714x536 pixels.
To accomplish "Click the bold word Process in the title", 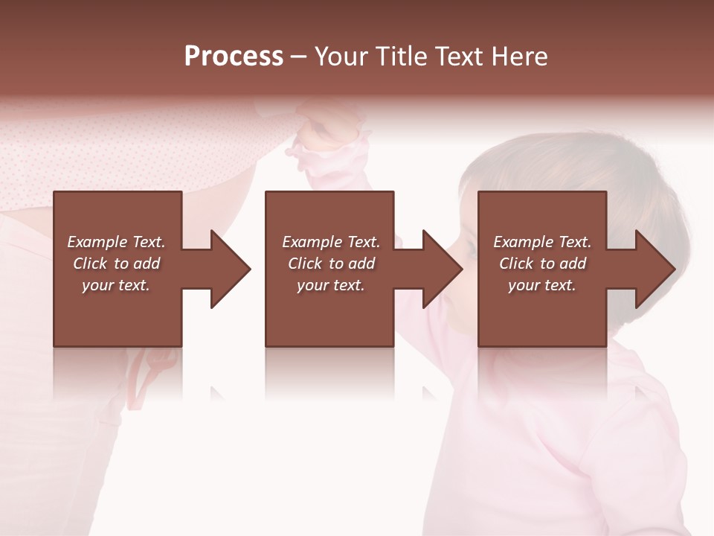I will pos(234,57).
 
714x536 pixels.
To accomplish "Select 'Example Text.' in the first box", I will pos(116,242).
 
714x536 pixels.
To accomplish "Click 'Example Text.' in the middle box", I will pos(331,242).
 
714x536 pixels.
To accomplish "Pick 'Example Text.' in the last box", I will pos(542,242).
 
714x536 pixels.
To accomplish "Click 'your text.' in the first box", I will pos(116,285).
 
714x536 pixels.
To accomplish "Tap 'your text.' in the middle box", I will pos(331,285).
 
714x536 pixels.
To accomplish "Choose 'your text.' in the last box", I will pos(542,285).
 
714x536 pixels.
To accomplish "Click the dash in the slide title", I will pos(299,57).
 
